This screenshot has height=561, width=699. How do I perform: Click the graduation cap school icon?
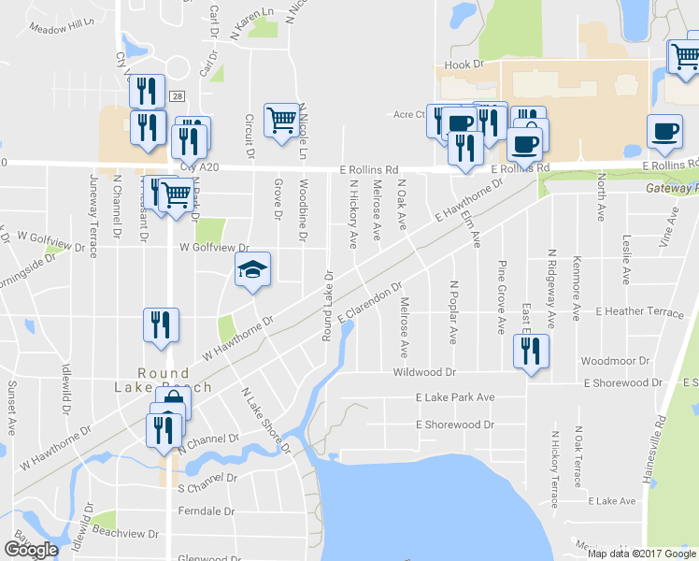252,270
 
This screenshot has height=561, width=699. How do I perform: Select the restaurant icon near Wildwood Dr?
531,352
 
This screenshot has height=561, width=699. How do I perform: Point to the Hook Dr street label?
464,65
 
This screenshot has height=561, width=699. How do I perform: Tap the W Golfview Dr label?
216,248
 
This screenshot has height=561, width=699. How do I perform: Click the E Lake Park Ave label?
455,397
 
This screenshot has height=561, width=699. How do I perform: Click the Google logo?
31,550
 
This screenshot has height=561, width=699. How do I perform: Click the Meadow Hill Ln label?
63,27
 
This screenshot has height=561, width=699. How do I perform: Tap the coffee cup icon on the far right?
664,132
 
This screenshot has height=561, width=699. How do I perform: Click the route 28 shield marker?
178,95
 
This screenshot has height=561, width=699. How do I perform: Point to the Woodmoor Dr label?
614,361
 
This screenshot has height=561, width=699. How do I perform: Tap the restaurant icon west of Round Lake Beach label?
161,325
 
